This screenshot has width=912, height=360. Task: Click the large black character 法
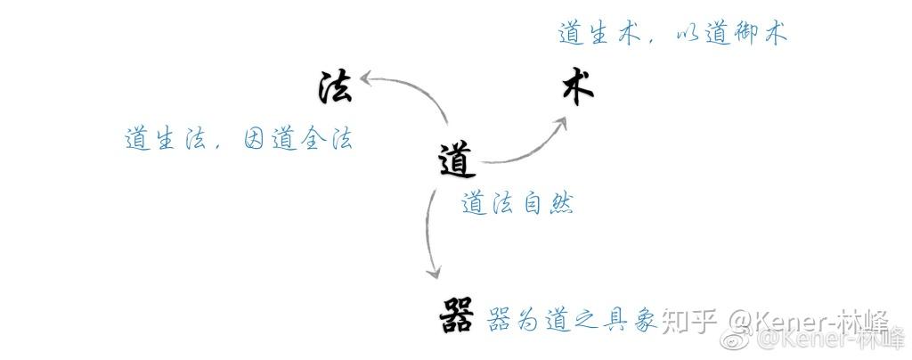pyautogui.click(x=336, y=87)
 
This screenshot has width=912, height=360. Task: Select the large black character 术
pyautogui.click(x=577, y=90)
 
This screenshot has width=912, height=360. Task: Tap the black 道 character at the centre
pyautogui.click(x=457, y=160)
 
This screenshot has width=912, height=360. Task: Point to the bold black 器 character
pyautogui.click(x=458, y=315)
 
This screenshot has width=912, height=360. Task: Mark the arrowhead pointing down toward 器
pyautogui.click(x=434, y=269)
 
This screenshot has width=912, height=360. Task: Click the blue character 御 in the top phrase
pyautogui.click(x=743, y=34)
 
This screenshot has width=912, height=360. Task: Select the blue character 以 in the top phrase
pyautogui.click(x=683, y=35)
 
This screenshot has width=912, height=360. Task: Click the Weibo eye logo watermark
pyautogui.click(x=736, y=340)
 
